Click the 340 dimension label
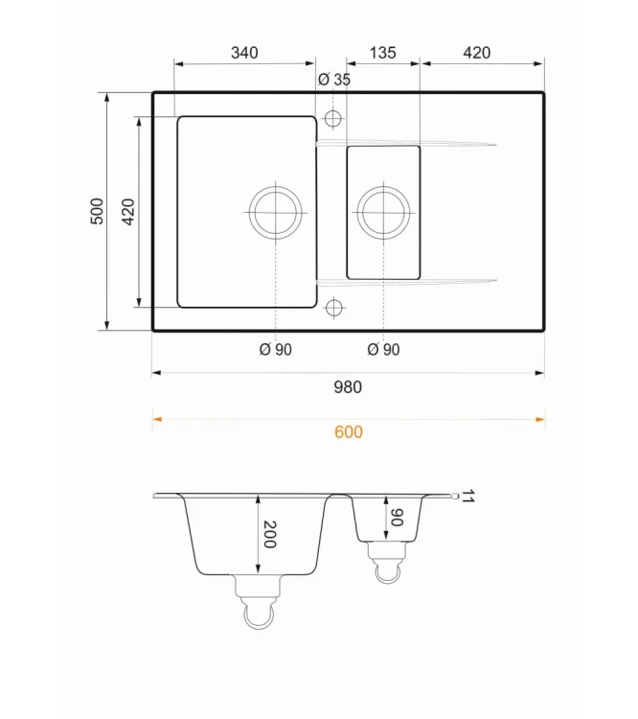click(244, 53)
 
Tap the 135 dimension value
click(383, 53)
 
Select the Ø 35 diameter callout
click(334, 80)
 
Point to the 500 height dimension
click(97, 211)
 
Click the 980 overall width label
click(348, 387)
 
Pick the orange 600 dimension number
click(349, 432)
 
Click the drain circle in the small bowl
click(383, 187)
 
